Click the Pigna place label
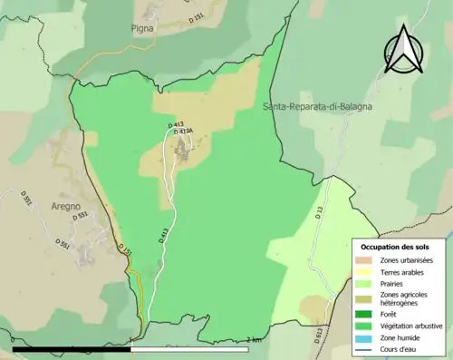(143, 28)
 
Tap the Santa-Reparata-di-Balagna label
(317, 107)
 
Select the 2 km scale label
(255, 340)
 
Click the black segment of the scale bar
(72, 348)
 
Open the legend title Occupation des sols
(395, 247)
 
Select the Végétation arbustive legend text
(408, 326)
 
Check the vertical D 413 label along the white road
(164, 238)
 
